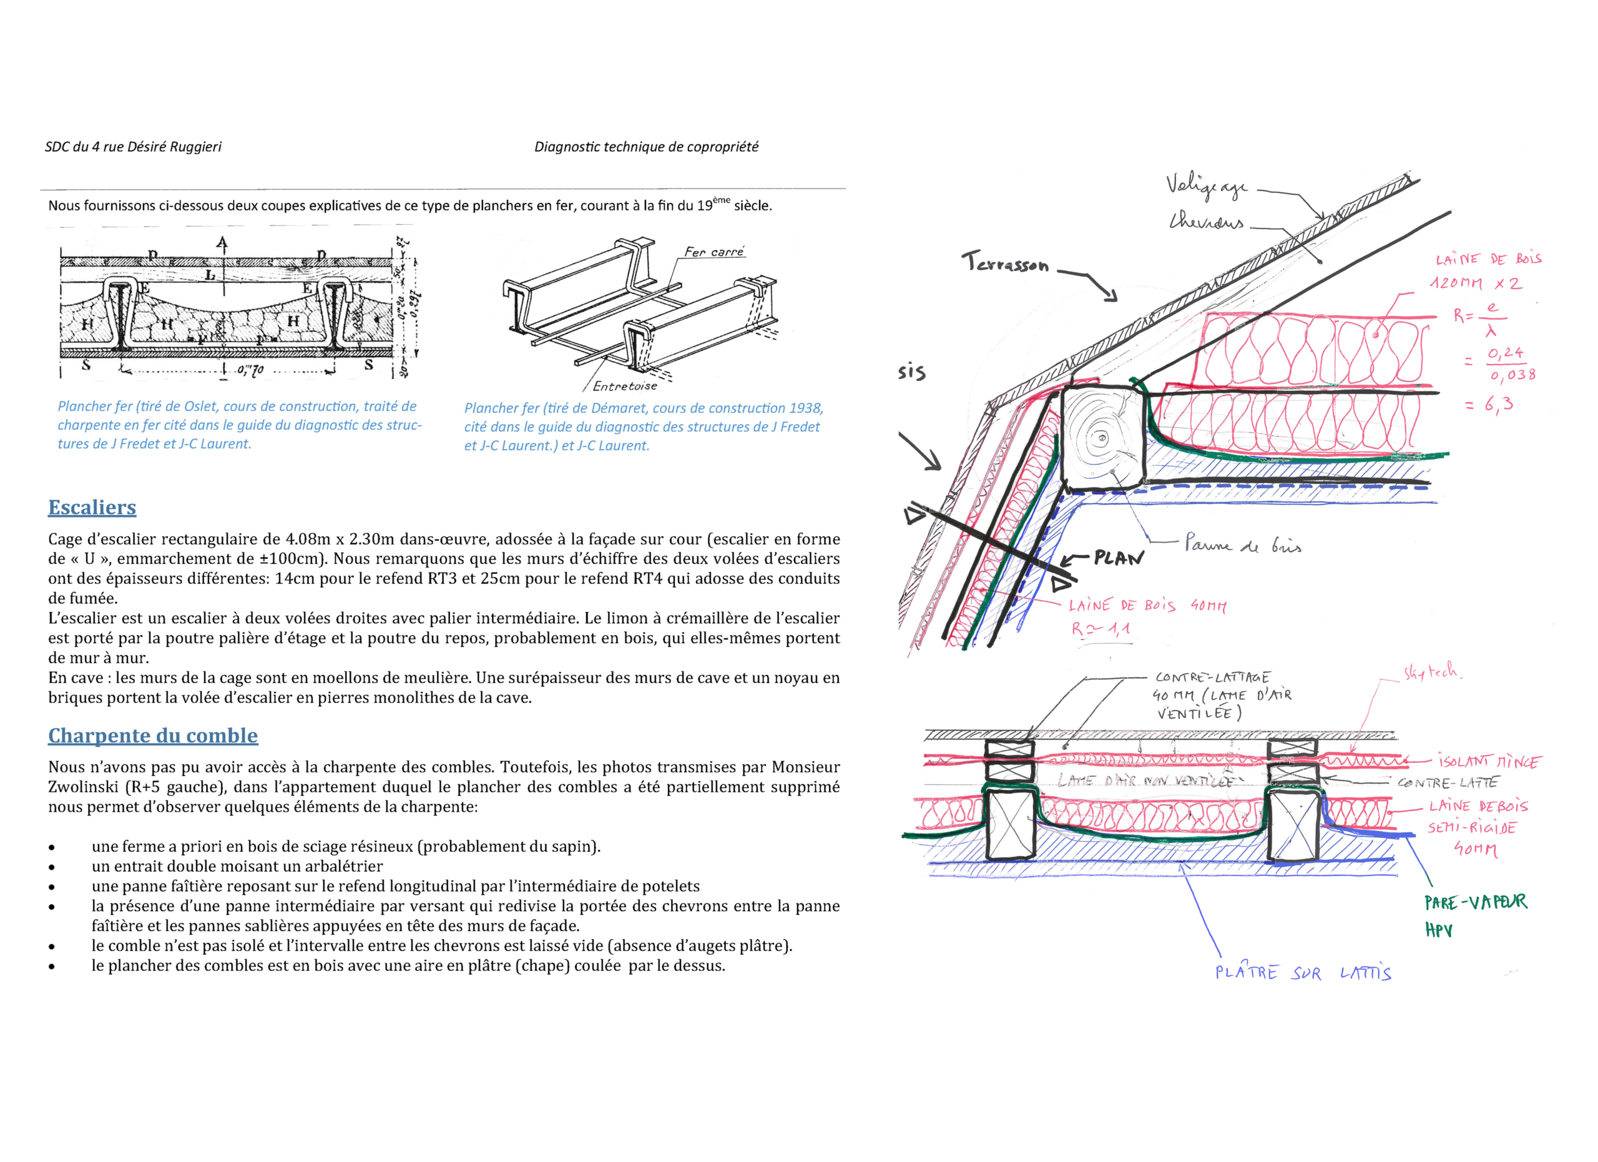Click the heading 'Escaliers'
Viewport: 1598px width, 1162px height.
tap(92, 508)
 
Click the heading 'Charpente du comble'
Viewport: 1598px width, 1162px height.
tap(153, 736)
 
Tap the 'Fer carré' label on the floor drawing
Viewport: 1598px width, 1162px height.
tap(713, 252)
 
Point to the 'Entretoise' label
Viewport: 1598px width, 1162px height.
tap(624, 386)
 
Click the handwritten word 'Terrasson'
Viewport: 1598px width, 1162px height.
tap(1006, 263)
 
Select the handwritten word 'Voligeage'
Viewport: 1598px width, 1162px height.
tap(1206, 186)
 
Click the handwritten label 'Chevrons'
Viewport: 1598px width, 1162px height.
tap(1206, 222)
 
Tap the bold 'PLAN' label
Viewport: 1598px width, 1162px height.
tap(1119, 559)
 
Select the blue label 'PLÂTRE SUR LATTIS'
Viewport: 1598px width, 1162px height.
tap(1303, 973)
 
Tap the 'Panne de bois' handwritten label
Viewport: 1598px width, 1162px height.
tap(1243, 544)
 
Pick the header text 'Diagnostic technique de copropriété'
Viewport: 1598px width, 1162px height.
tap(646, 147)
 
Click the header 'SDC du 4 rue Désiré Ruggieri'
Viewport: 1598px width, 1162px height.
tap(133, 147)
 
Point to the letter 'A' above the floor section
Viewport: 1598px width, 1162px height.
tap(223, 244)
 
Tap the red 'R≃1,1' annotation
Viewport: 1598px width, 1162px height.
tap(1101, 629)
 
